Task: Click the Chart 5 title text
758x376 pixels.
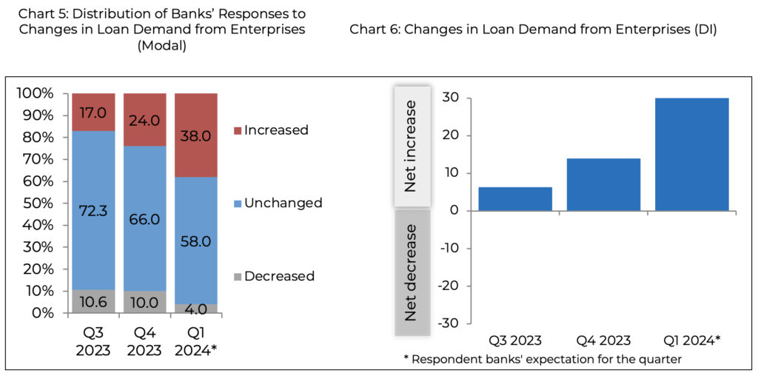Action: [161, 29]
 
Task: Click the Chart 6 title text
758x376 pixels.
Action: [532, 29]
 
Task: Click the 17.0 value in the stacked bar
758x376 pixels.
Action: [93, 113]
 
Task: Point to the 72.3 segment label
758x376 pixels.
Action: [93, 211]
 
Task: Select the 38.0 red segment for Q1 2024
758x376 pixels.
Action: [196, 135]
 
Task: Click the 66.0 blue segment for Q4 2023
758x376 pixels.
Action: [145, 219]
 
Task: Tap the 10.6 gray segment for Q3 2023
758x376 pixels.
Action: [93, 301]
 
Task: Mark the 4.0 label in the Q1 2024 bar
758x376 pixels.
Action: [196, 309]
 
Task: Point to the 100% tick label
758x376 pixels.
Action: [34, 93]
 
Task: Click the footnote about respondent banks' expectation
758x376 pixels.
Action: [543, 359]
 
